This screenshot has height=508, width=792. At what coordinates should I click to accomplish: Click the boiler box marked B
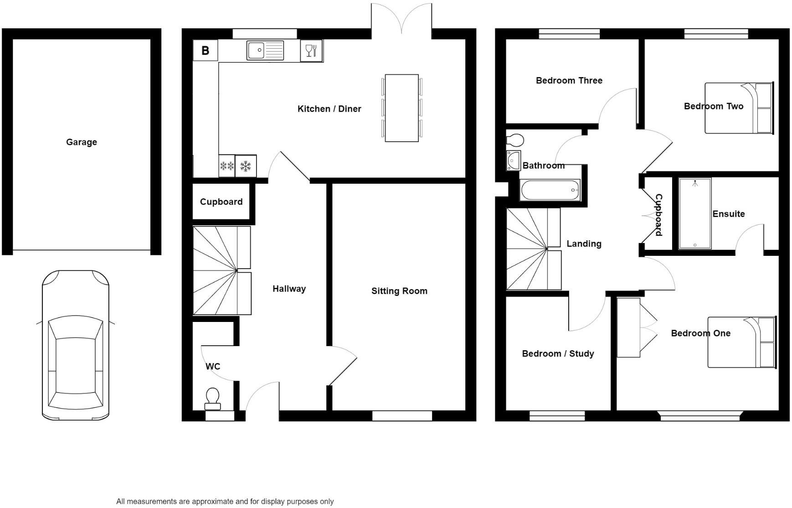coord(205,50)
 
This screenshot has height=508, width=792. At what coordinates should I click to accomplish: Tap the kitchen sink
coord(265,50)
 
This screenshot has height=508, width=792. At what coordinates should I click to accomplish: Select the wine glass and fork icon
coord(311,50)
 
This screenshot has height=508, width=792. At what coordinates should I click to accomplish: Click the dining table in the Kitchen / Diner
coord(401,108)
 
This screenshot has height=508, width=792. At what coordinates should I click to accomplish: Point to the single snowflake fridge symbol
coord(246,166)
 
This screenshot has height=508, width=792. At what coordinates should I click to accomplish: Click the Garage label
coord(82,142)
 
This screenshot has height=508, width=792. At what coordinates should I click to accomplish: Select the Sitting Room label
coord(399,291)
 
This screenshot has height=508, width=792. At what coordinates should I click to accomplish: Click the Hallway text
coord(289,289)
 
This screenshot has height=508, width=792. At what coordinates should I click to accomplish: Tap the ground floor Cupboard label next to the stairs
coord(221,202)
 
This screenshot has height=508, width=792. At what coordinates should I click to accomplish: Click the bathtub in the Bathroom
coord(550,190)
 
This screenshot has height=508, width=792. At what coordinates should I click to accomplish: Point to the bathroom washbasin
coord(514,161)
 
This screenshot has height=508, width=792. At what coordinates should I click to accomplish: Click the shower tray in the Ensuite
coord(694,213)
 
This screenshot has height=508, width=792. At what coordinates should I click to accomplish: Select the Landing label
coord(584,244)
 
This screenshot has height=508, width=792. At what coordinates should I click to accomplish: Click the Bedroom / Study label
coord(558,353)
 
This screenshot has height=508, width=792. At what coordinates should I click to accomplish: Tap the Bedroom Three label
coord(569,80)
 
